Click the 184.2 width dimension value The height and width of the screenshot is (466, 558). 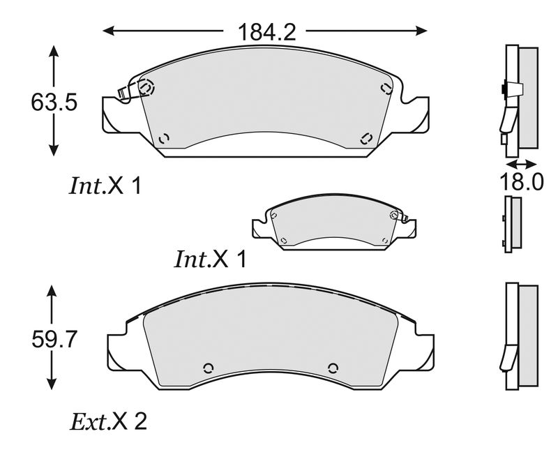[266, 32]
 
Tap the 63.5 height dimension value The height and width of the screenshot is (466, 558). [54, 102]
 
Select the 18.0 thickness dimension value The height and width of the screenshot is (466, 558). [522, 182]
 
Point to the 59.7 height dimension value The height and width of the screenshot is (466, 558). [54, 339]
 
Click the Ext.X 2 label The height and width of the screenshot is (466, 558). [108, 422]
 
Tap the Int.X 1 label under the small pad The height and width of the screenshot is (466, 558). [211, 260]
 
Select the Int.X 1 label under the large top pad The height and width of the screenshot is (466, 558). [105, 186]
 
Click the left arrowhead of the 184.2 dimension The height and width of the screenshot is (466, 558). [109, 31]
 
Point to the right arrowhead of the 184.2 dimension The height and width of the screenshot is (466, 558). [421, 31]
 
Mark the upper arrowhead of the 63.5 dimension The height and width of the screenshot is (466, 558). [54, 50]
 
